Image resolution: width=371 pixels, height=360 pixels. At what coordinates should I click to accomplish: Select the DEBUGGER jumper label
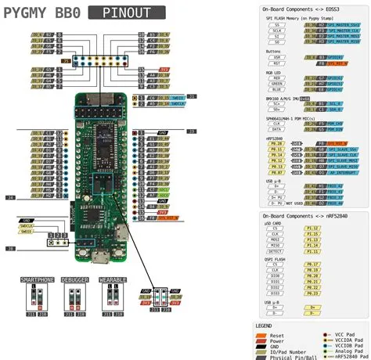(x=76, y=279)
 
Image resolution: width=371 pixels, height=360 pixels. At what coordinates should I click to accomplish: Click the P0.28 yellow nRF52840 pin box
(x=276, y=143)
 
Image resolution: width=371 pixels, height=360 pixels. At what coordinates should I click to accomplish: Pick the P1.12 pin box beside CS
(x=312, y=227)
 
